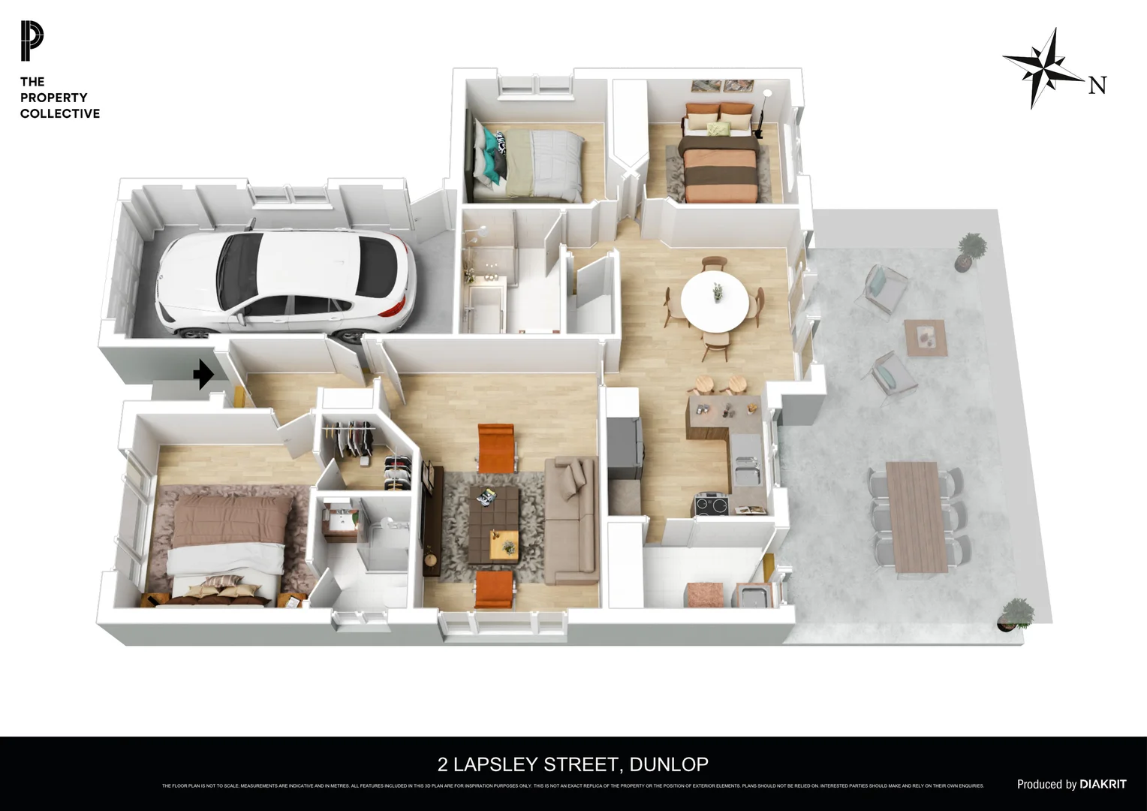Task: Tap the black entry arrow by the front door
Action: point(203,374)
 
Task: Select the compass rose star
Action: point(1044,68)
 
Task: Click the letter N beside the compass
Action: point(1097,86)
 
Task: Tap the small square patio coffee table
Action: point(926,336)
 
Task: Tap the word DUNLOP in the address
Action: point(669,764)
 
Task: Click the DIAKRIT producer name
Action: point(1103,784)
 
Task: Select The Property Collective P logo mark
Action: point(32,41)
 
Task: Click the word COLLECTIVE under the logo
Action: point(60,113)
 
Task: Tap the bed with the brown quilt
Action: point(225,541)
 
